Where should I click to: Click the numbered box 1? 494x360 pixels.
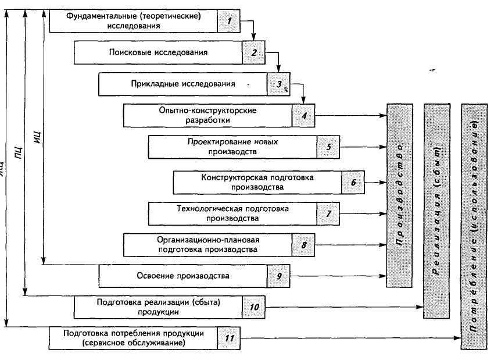tap(229, 22)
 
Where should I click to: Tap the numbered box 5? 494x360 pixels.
tap(328, 147)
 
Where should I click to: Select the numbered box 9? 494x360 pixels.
tap(279, 275)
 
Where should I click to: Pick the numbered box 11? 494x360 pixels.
tap(228, 338)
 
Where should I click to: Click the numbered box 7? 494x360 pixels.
tap(328, 213)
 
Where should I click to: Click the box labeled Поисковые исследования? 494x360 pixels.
tap(158, 52)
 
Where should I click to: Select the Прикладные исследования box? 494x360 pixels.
tap(182, 84)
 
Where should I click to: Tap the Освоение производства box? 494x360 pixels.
tap(182, 275)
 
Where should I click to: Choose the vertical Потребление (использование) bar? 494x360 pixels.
tap(474, 226)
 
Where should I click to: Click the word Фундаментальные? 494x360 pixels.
tap(93, 16)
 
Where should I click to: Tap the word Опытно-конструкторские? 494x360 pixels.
tap(207, 110)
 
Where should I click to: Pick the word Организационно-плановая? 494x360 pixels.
tap(207, 240)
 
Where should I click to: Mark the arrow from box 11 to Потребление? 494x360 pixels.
tap(349, 338)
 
